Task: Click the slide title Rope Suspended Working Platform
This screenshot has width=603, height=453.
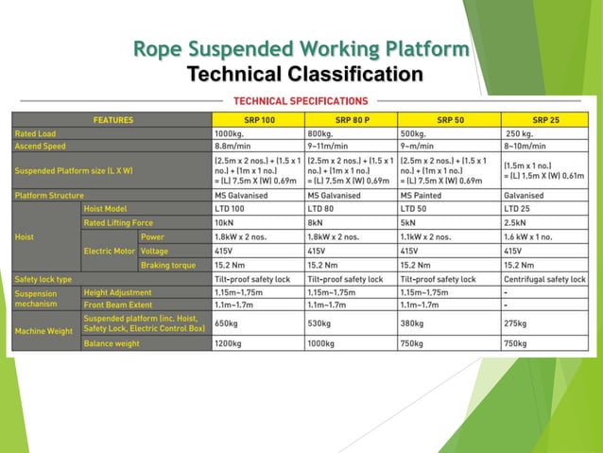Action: tap(301, 48)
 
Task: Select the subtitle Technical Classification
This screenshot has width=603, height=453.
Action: tap(304, 74)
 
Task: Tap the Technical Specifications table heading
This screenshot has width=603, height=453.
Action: tap(301, 100)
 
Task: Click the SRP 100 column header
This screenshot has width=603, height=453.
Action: tap(257, 120)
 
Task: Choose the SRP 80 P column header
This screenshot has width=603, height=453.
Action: tap(350, 120)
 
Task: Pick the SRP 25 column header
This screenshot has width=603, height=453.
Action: tap(545, 120)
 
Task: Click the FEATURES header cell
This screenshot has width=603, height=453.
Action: tap(112, 120)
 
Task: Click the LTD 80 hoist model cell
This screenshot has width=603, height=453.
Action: tap(325, 209)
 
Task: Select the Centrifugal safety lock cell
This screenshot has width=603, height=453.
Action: tap(545, 280)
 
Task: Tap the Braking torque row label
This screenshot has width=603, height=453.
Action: tap(168, 266)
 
